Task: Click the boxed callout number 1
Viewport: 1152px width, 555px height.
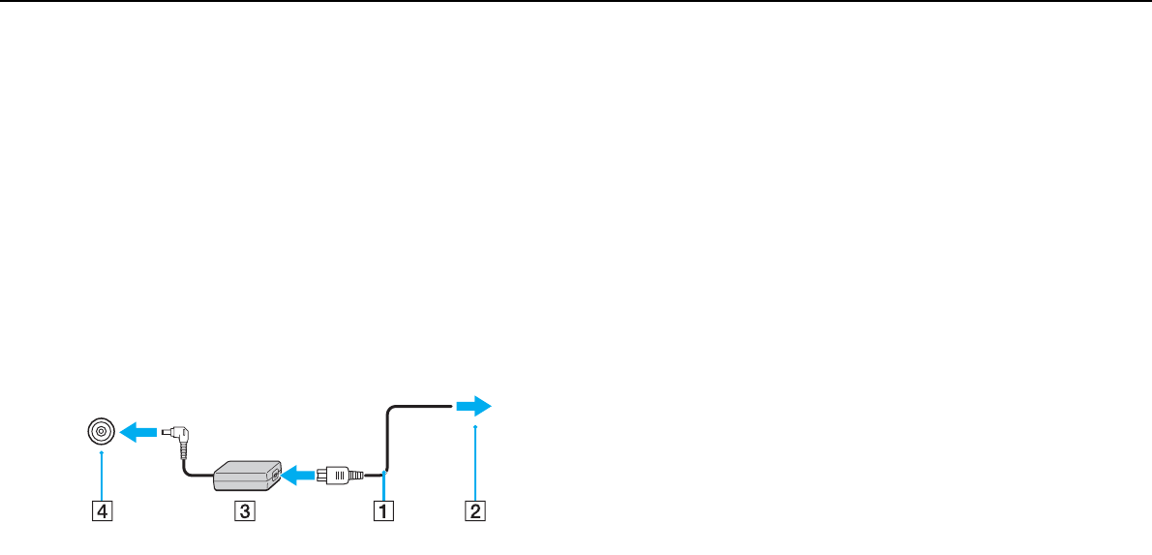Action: (384, 509)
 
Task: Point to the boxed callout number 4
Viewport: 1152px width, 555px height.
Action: (101, 509)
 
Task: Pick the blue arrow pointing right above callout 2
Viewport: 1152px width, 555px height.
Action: (473, 406)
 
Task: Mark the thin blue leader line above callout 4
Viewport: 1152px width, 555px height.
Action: (101, 474)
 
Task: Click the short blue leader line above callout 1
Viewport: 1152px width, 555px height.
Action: (384, 485)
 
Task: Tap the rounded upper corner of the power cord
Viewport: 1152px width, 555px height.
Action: (390, 411)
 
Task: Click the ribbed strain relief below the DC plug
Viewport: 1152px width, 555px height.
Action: (183, 447)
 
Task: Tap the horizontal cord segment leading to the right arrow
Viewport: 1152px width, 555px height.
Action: (422, 407)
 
